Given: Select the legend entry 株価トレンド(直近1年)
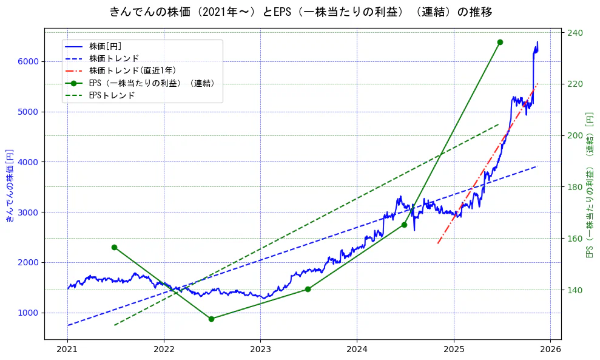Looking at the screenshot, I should [x=132, y=70].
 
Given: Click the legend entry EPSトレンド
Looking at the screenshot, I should [x=112, y=95].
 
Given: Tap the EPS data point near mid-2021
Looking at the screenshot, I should [x=114, y=247].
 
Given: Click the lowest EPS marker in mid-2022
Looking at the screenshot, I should [x=211, y=319].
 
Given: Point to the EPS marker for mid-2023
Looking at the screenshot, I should [x=308, y=289].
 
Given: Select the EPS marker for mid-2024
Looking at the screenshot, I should [x=404, y=225].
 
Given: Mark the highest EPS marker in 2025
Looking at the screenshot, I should [x=500, y=42].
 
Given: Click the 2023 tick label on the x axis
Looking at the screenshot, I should [x=260, y=350].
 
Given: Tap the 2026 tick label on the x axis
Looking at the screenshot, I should [x=550, y=350].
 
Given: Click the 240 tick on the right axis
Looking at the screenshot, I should [x=575, y=33].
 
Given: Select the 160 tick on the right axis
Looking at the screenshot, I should [x=575, y=239].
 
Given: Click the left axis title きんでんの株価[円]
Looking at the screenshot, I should [x=10, y=185].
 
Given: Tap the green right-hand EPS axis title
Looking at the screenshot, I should [x=589, y=185].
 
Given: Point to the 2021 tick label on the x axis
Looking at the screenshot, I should [x=67, y=350].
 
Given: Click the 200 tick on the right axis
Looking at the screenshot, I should [x=575, y=135].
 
